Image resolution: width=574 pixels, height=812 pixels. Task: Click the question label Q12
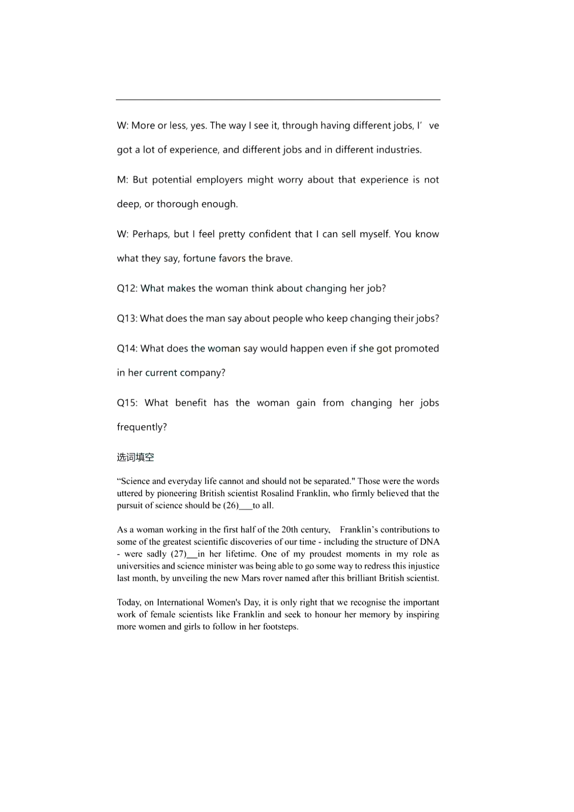[x=127, y=289]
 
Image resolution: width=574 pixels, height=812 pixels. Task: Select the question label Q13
[x=127, y=319]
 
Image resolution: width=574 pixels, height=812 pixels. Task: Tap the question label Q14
[x=127, y=348]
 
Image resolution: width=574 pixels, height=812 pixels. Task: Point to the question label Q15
[x=127, y=403]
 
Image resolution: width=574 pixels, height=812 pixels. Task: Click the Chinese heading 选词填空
[x=135, y=457]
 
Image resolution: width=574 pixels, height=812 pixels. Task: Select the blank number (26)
[x=231, y=505]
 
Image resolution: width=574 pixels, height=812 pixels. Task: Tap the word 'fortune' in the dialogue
[x=199, y=259]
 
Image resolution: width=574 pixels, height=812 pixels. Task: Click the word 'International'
[x=180, y=602]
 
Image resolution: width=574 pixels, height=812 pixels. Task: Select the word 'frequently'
[x=141, y=427]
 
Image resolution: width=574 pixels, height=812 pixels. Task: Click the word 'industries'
[x=398, y=150]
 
